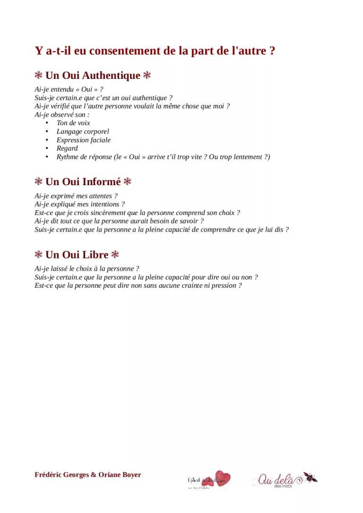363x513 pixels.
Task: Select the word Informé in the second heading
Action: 102,182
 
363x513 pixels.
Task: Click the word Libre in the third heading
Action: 95,255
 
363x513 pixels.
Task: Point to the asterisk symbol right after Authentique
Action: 147,76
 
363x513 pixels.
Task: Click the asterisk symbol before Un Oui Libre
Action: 39,255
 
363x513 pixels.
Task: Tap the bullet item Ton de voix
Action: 73,123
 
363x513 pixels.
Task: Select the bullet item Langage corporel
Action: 83,131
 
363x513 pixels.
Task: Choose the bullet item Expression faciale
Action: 84,140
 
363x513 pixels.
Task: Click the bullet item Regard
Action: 67,148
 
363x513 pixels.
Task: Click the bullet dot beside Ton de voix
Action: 47,123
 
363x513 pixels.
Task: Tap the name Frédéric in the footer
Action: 49,475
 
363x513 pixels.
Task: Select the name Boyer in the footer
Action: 131,475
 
